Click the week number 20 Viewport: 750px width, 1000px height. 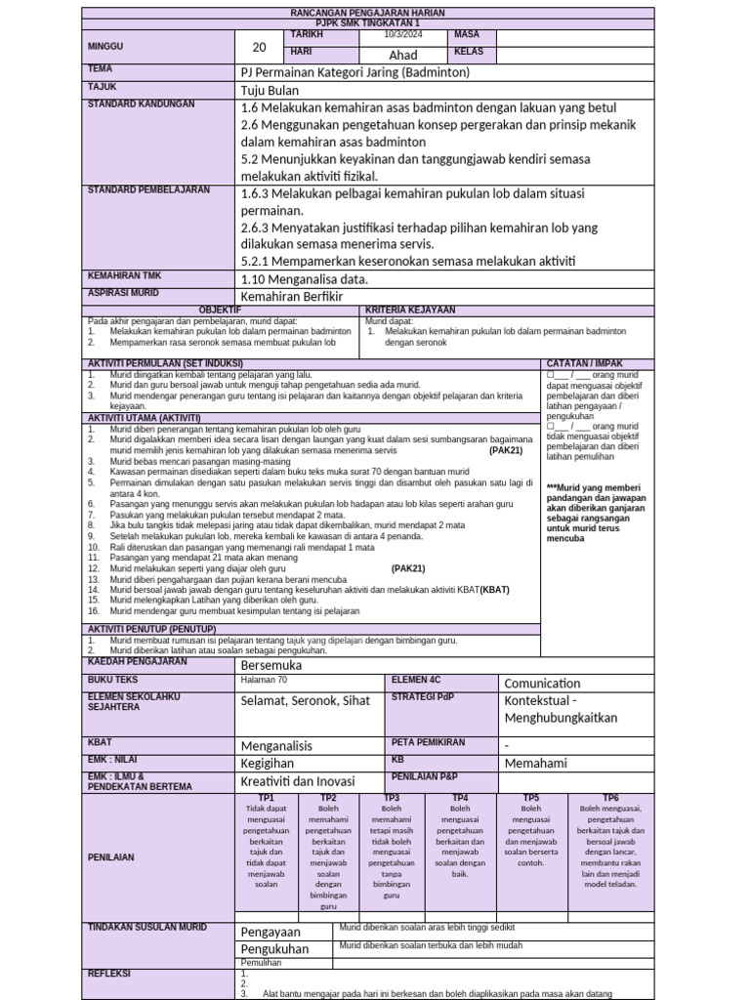[x=259, y=48]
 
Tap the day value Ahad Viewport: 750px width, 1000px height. [x=403, y=55]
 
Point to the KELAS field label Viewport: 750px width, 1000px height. [x=470, y=51]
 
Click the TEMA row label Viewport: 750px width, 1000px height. [x=101, y=69]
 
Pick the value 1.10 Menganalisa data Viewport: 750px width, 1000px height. [x=298, y=278]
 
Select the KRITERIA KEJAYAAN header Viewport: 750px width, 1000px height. [x=410, y=310]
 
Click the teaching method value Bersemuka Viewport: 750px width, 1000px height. [x=271, y=665]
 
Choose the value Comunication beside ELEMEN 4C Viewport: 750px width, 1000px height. [x=542, y=684]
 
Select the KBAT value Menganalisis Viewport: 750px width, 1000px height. [x=276, y=745]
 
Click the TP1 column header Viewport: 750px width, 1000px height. [x=266, y=798]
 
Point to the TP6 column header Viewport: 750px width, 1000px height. [x=610, y=798]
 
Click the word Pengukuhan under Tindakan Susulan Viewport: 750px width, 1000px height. [x=274, y=948]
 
